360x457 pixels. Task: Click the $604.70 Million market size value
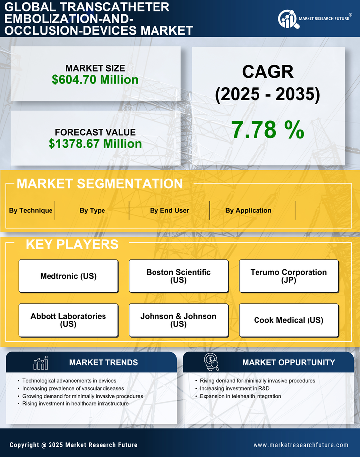pyautogui.click(x=95, y=80)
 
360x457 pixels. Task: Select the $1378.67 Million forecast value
pyautogui.click(x=95, y=144)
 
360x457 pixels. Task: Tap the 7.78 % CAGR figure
pyautogui.click(x=267, y=130)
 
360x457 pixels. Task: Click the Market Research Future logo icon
pyautogui.click(x=287, y=19)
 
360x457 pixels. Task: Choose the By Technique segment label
pyautogui.click(x=31, y=210)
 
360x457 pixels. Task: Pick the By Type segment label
pyautogui.click(x=92, y=210)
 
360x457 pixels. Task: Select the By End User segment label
pyautogui.click(x=169, y=210)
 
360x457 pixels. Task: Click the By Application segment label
pyautogui.click(x=248, y=210)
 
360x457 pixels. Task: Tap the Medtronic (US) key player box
pyautogui.click(x=68, y=276)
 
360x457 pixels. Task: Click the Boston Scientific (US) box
pyautogui.click(x=178, y=276)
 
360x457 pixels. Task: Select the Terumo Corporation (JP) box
pyautogui.click(x=289, y=276)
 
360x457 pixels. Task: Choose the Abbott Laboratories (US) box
pyautogui.click(x=68, y=320)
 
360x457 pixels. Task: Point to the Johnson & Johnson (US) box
pyautogui.click(x=178, y=320)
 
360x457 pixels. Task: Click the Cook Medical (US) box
pyautogui.click(x=289, y=320)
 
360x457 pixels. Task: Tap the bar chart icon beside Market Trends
pyautogui.click(x=40, y=363)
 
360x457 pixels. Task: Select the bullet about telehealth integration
pyautogui.click(x=240, y=396)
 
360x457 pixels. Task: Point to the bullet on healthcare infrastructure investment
pyautogui.click(x=75, y=403)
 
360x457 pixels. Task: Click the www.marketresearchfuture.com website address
pyautogui.click(x=301, y=445)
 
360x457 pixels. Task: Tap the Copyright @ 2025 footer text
pyautogui.click(x=73, y=445)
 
